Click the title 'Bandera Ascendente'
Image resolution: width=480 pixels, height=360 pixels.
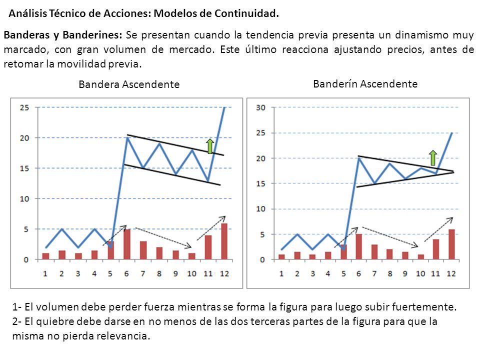(129, 85)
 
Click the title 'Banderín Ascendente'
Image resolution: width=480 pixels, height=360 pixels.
(365, 84)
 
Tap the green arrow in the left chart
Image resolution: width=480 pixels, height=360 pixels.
(210, 146)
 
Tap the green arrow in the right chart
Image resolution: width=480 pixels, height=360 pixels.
(433, 157)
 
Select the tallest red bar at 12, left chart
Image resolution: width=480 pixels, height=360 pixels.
(223, 241)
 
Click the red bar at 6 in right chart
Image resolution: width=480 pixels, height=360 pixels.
(358, 246)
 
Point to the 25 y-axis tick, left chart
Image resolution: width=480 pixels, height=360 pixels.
(24, 107)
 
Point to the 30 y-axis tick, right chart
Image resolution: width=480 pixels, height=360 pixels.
(260, 107)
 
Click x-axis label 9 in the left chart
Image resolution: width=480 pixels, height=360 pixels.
(175, 273)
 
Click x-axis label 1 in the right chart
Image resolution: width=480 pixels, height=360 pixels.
(281, 273)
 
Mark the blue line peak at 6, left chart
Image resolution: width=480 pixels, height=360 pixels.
(127, 137)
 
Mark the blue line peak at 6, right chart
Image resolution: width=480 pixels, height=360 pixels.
(358, 158)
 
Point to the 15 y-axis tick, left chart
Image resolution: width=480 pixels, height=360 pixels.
(24, 168)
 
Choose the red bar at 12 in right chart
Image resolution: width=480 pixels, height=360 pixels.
(451, 244)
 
